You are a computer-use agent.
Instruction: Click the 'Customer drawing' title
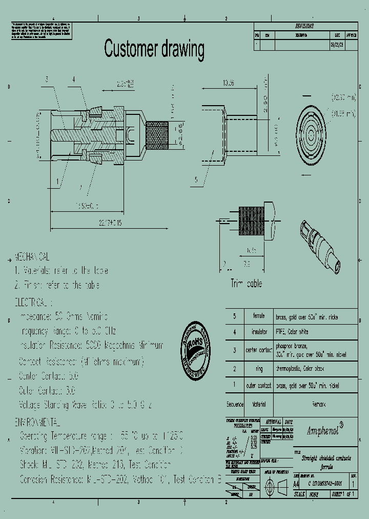tap(154, 49)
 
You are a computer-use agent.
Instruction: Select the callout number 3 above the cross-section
tap(47, 79)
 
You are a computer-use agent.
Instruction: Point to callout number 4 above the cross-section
tap(73, 79)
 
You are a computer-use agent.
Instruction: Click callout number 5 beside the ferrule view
tap(196, 179)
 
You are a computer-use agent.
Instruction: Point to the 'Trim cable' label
tap(246, 284)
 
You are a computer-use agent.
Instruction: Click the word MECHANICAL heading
tap(32, 255)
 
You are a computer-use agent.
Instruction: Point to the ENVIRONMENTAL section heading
tap(37, 423)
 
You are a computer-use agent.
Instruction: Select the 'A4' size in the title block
tap(296, 483)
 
